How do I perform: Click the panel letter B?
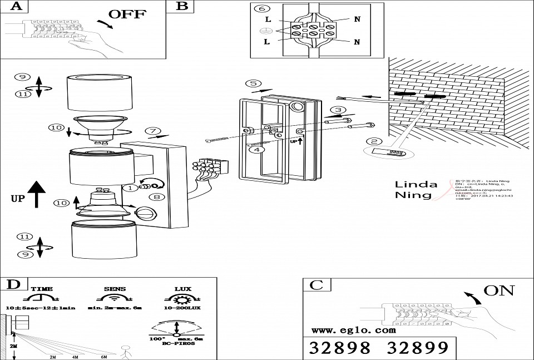[x=182, y=7]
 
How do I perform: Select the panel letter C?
[x=316, y=285]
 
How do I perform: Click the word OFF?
[x=127, y=14]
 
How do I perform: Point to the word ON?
[x=498, y=290]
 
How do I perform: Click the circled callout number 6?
[x=263, y=8]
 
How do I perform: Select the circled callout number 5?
[x=253, y=83]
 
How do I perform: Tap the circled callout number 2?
[x=374, y=142]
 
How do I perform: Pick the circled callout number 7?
[x=152, y=131]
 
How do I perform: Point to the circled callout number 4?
[x=255, y=149]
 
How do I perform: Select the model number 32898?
[x=339, y=348]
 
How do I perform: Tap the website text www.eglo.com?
[x=349, y=330]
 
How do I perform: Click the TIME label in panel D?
[x=42, y=289]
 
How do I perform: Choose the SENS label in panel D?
[x=115, y=289]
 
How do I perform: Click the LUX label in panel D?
[x=183, y=289]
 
